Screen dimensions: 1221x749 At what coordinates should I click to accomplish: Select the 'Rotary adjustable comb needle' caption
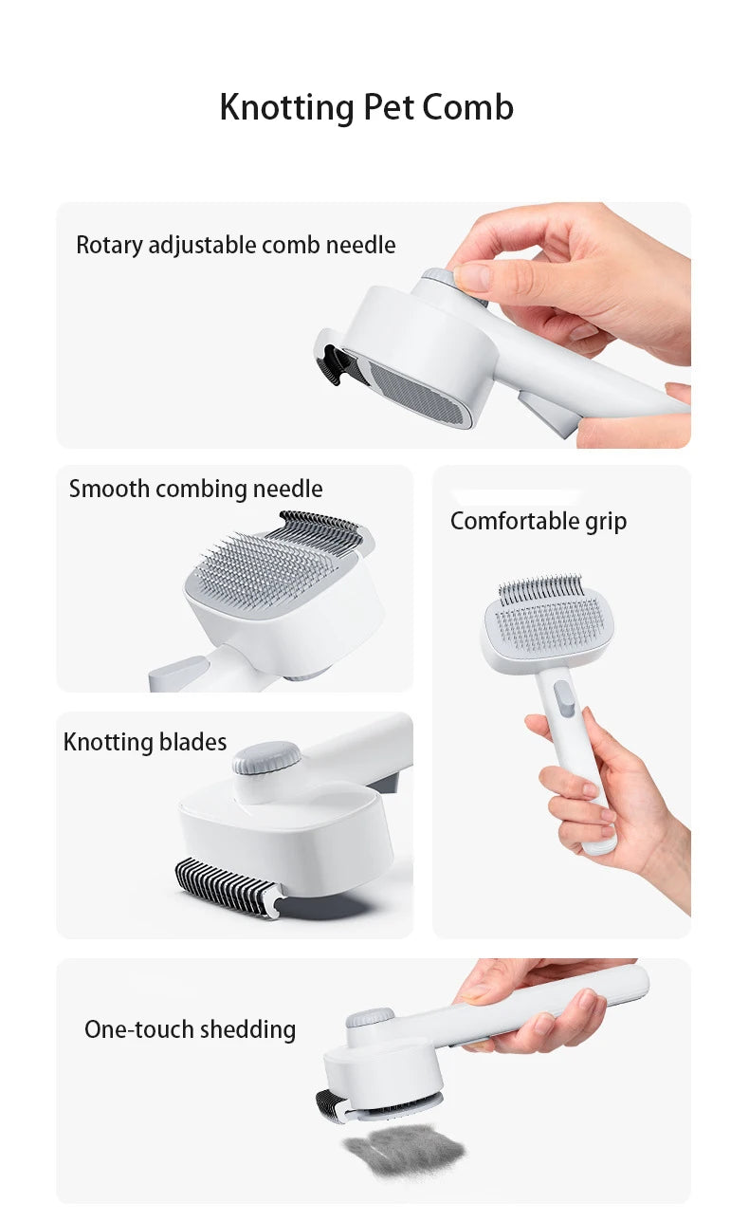(235, 245)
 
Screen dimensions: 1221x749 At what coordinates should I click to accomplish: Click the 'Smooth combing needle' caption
(195, 489)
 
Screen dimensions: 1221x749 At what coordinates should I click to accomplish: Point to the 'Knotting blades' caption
(145, 742)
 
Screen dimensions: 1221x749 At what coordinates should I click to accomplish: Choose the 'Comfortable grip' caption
(538, 521)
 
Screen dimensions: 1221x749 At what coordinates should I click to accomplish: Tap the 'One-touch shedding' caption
(190, 1029)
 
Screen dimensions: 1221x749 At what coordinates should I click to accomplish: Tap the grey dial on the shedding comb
(369, 1019)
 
